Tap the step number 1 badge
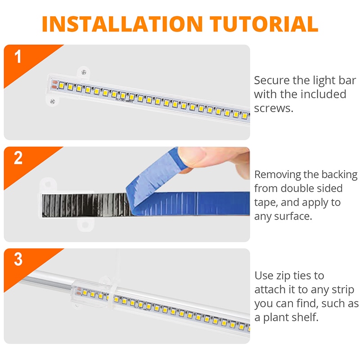pyautogui.click(x=18, y=58)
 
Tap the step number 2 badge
pyautogui.click(x=18, y=159)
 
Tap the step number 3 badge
pyautogui.click(x=18, y=260)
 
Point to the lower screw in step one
pyautogui.click(x=53, y=101)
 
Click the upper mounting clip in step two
pyautogui.click(x=48, y=185)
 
